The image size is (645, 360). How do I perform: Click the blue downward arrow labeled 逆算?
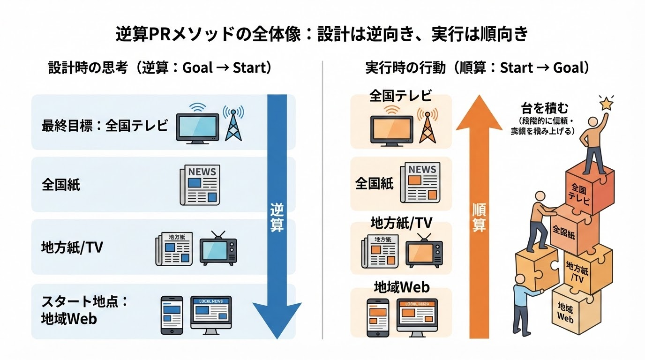(x=277, y=211)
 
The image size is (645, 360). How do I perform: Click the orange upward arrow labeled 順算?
(x=478, y=216)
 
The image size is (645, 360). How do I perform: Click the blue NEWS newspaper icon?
(x=200, y=185)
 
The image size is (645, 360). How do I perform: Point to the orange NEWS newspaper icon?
(x=420, y=182)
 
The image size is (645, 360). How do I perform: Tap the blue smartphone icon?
(x=172, y=315)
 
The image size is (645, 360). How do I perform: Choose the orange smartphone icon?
(x=378, y=317)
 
